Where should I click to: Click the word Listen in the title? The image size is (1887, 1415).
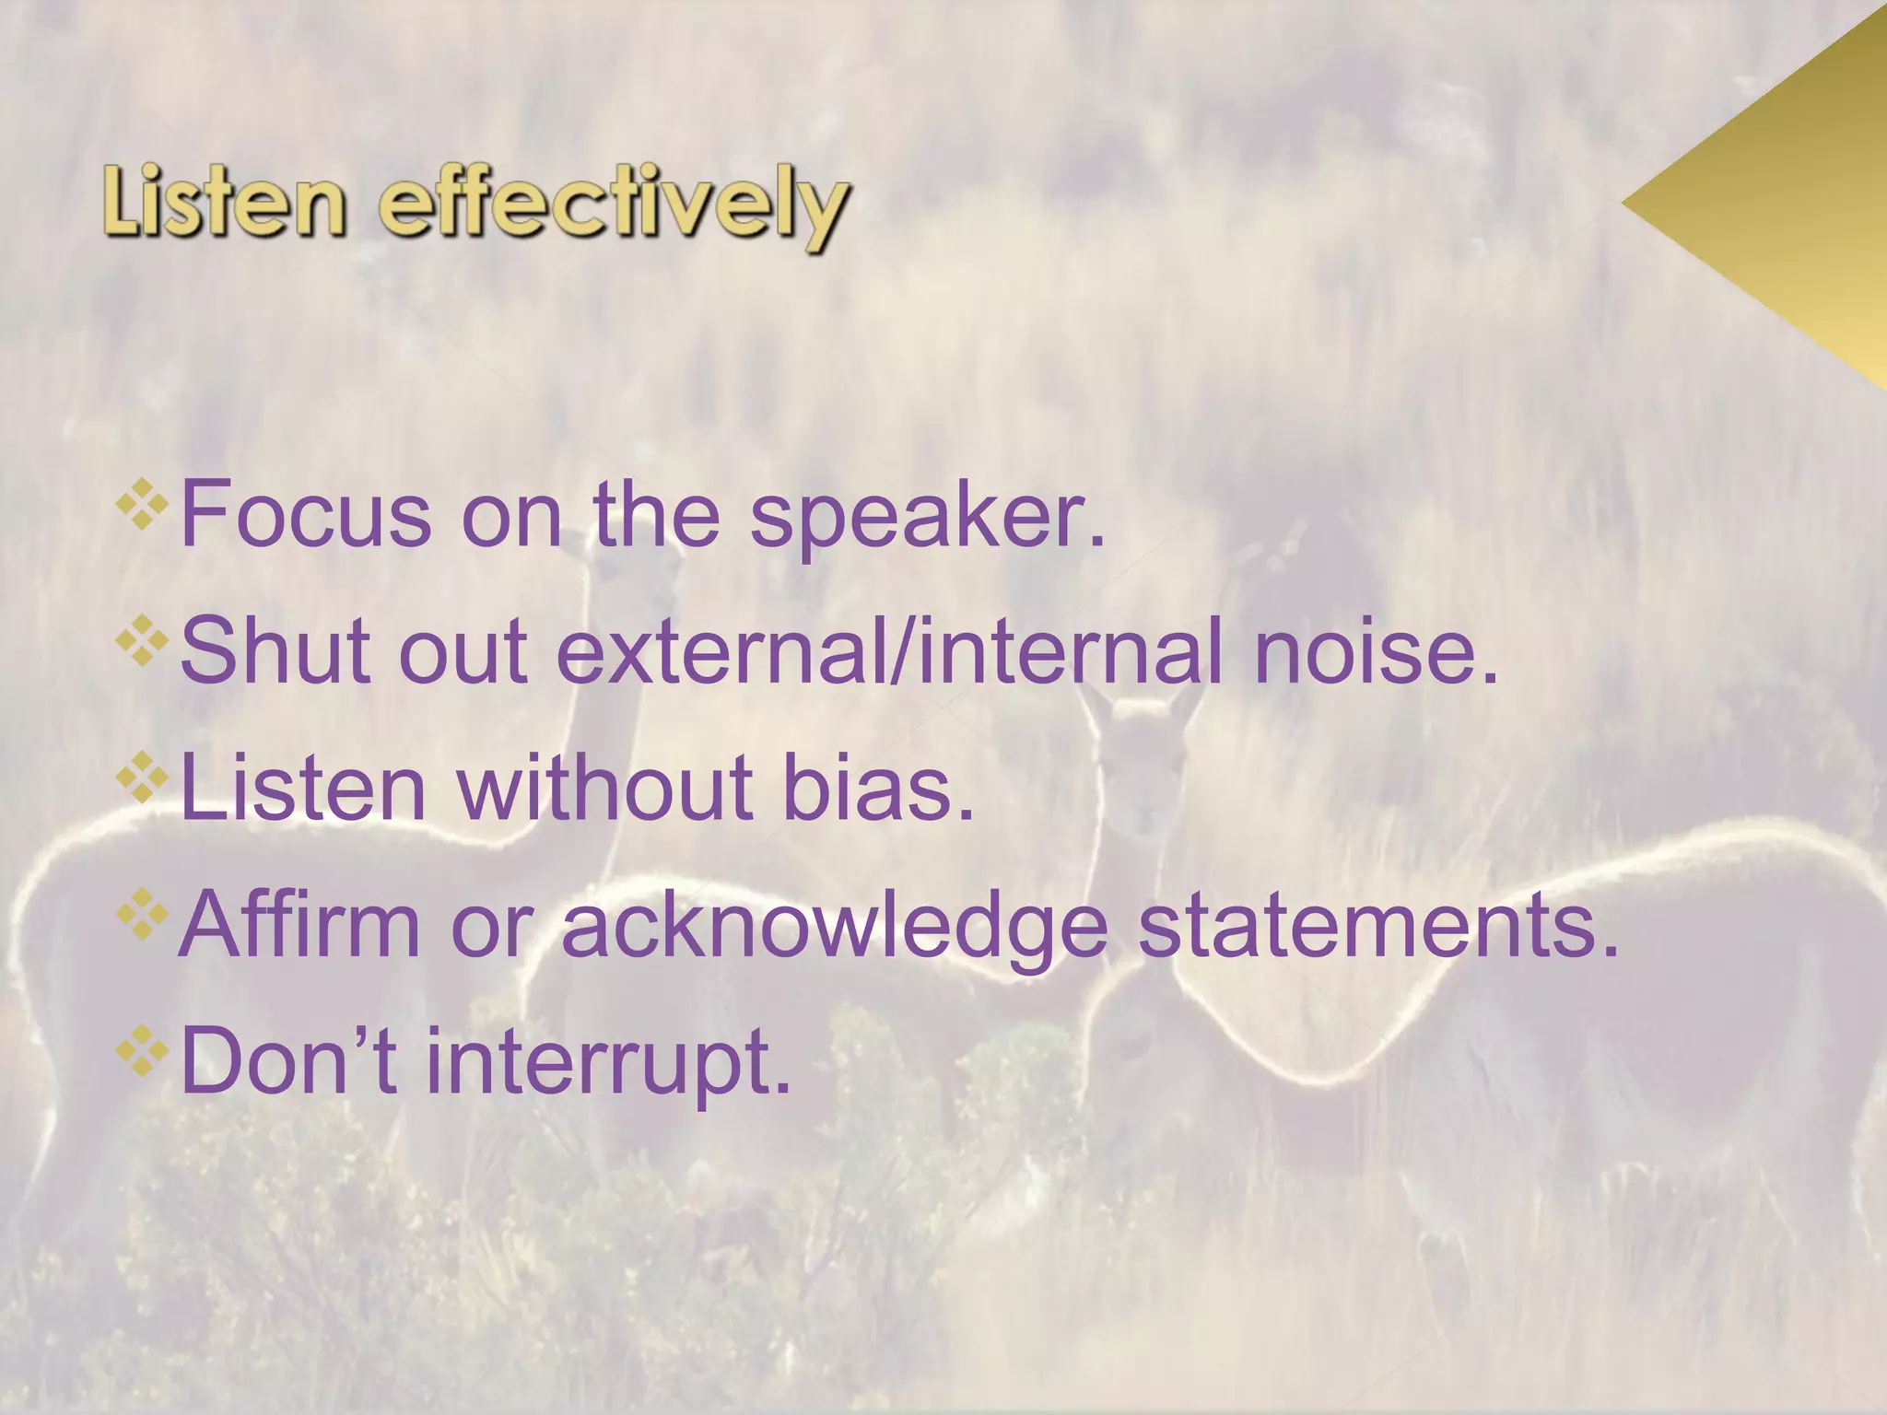(x=224, y=204)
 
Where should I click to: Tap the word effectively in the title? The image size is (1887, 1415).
(x=612, y=207)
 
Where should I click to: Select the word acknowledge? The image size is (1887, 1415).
(x=834, y=929)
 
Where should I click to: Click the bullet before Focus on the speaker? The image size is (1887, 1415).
(x=143, y=506)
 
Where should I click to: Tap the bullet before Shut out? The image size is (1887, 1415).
(x=143, y=642)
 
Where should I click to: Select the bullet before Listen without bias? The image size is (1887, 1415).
(x=143, y=779)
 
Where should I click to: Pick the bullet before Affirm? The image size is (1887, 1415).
(x=143, y=916)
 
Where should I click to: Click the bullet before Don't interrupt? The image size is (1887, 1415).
(x=143, y=1053)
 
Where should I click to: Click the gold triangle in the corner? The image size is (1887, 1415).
(x=1787, y=207)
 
